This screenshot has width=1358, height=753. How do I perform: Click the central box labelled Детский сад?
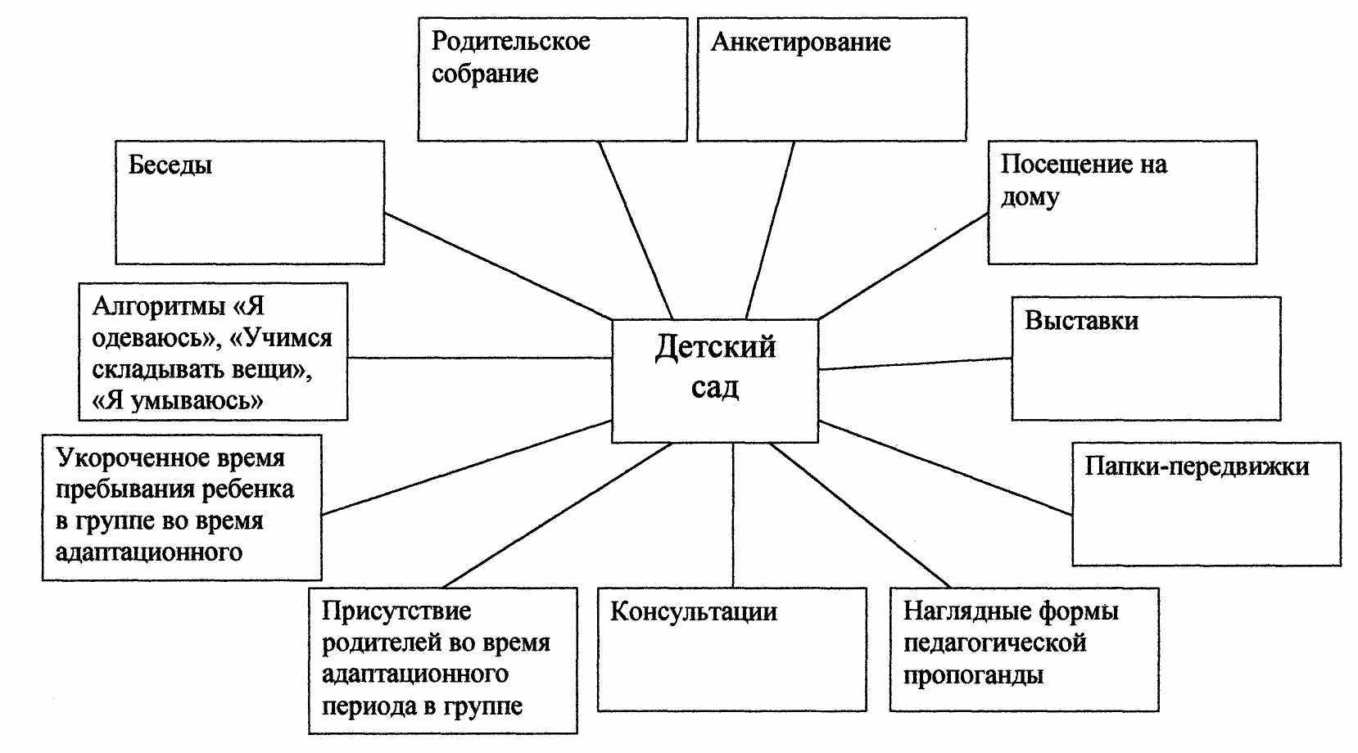(714, 381)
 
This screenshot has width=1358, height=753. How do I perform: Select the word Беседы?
(170, 165)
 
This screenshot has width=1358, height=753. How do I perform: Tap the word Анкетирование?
(800, 43)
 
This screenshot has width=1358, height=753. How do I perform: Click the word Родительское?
(510, 42)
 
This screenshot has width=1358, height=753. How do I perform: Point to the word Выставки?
(1081, 321)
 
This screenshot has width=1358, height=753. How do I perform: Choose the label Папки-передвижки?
(1197, 467)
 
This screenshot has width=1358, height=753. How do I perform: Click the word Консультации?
(693, 612)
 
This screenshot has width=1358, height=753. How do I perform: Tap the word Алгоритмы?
(158, 306)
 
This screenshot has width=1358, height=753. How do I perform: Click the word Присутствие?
(396, 611)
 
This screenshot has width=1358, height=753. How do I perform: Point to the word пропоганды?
(973, 675)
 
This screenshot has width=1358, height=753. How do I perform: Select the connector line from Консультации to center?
(733, 516)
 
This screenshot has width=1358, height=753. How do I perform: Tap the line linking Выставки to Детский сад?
(915, 364)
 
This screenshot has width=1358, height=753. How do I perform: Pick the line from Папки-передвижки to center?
(945, 468)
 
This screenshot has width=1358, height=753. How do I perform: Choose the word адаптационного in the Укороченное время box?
(149, 552)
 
